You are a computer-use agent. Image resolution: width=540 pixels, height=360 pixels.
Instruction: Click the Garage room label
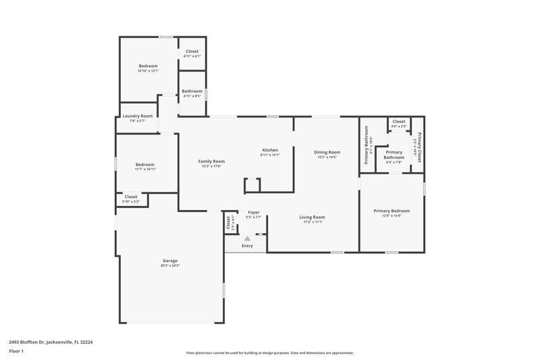pos(170,260)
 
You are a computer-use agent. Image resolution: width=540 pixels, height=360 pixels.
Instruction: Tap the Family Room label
pos(211,161)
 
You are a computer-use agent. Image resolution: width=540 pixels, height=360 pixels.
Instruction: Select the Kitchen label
pos(270,150)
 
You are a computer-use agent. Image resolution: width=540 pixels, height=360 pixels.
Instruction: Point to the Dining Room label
pos(327,152)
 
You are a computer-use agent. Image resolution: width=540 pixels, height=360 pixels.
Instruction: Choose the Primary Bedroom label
pos(391,211)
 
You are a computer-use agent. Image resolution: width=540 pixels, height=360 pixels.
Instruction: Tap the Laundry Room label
pos(137,116)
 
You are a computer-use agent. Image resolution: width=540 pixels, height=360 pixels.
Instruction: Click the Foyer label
pos(254,212)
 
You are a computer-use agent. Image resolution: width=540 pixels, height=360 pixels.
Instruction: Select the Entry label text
pos(248,246)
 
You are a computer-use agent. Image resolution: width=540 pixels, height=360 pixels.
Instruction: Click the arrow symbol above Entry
pos(248,238)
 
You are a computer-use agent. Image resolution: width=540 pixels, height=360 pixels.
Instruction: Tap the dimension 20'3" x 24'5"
pos(170,265)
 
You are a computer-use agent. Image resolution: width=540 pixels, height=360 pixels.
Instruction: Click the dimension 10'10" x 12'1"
pos(148,71)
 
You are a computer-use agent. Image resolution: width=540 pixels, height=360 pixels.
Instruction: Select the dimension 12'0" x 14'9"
pos(391,216)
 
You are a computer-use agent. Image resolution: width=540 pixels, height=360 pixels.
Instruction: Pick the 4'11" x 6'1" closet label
pos(192,56)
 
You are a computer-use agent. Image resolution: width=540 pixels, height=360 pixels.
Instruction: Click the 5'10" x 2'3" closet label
pos(131,202)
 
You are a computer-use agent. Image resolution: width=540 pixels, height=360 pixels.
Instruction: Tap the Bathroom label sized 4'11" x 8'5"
pos(192,91)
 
